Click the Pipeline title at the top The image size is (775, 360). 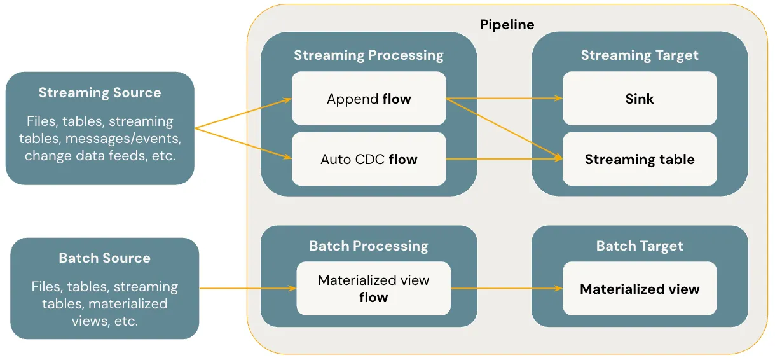point(506,25)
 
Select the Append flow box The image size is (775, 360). point(369,99)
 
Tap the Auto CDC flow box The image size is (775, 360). point(369,159)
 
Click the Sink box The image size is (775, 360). point(640,99)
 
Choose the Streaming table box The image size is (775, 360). point(640,159)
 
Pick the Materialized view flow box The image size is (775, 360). point(373,289)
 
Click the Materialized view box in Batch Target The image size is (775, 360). point(640,289)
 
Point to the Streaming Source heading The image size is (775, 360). point(100,93)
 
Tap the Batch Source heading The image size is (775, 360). point(104,258)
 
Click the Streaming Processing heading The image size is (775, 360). point(369,55)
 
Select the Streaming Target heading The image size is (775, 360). point(640,55)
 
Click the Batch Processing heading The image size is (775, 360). point(369,246)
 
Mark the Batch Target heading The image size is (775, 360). point(640,246)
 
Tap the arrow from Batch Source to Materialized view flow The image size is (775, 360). point(248,289)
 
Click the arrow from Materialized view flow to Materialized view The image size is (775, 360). point(506,289)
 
